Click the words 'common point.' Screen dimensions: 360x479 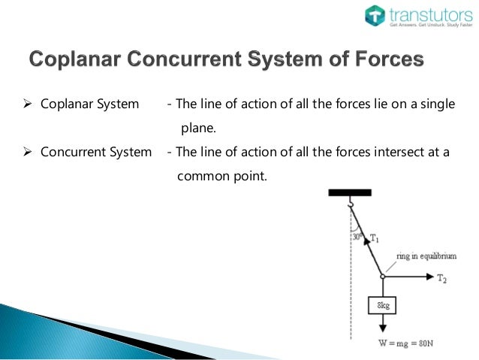[221, 177]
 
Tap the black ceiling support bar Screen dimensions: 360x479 [350, 193]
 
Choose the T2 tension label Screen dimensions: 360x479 [443, 278]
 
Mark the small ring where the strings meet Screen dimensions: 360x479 [383, 277]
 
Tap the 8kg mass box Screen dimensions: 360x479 [383, 306]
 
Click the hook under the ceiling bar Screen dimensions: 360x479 [350, 202]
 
